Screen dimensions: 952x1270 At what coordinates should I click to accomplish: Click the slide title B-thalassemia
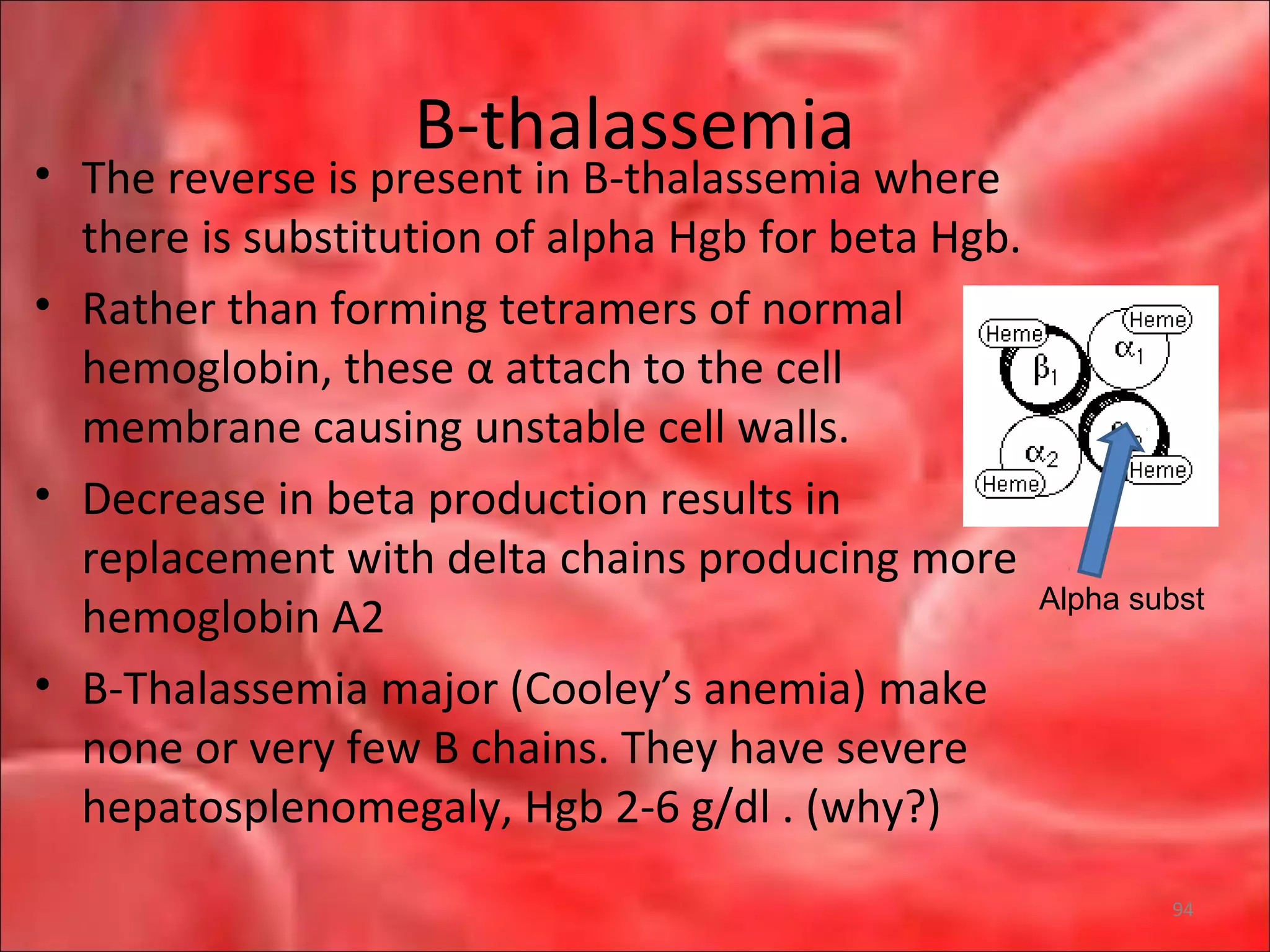click(634, 125)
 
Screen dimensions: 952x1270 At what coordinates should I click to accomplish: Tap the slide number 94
click(1183, 909)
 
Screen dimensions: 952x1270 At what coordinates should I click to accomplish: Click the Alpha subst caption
click(1121, 599)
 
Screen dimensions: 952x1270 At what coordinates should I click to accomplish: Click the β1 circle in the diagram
click(1045, 371)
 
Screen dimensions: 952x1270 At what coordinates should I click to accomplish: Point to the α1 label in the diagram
click(1129, 350)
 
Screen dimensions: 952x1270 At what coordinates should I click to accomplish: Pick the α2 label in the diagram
click(1041, 454)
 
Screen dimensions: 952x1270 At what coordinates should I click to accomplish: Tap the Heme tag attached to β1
click(1013, 334)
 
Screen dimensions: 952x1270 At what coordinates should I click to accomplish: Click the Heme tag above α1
click(1157, 320)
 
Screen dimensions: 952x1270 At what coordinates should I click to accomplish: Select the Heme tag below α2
click(1010, 483)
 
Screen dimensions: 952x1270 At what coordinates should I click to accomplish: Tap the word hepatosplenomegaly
click(298, 808)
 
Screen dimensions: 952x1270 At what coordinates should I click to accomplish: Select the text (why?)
click(873, 808)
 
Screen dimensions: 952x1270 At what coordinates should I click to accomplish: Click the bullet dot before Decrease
click(42, 495)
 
